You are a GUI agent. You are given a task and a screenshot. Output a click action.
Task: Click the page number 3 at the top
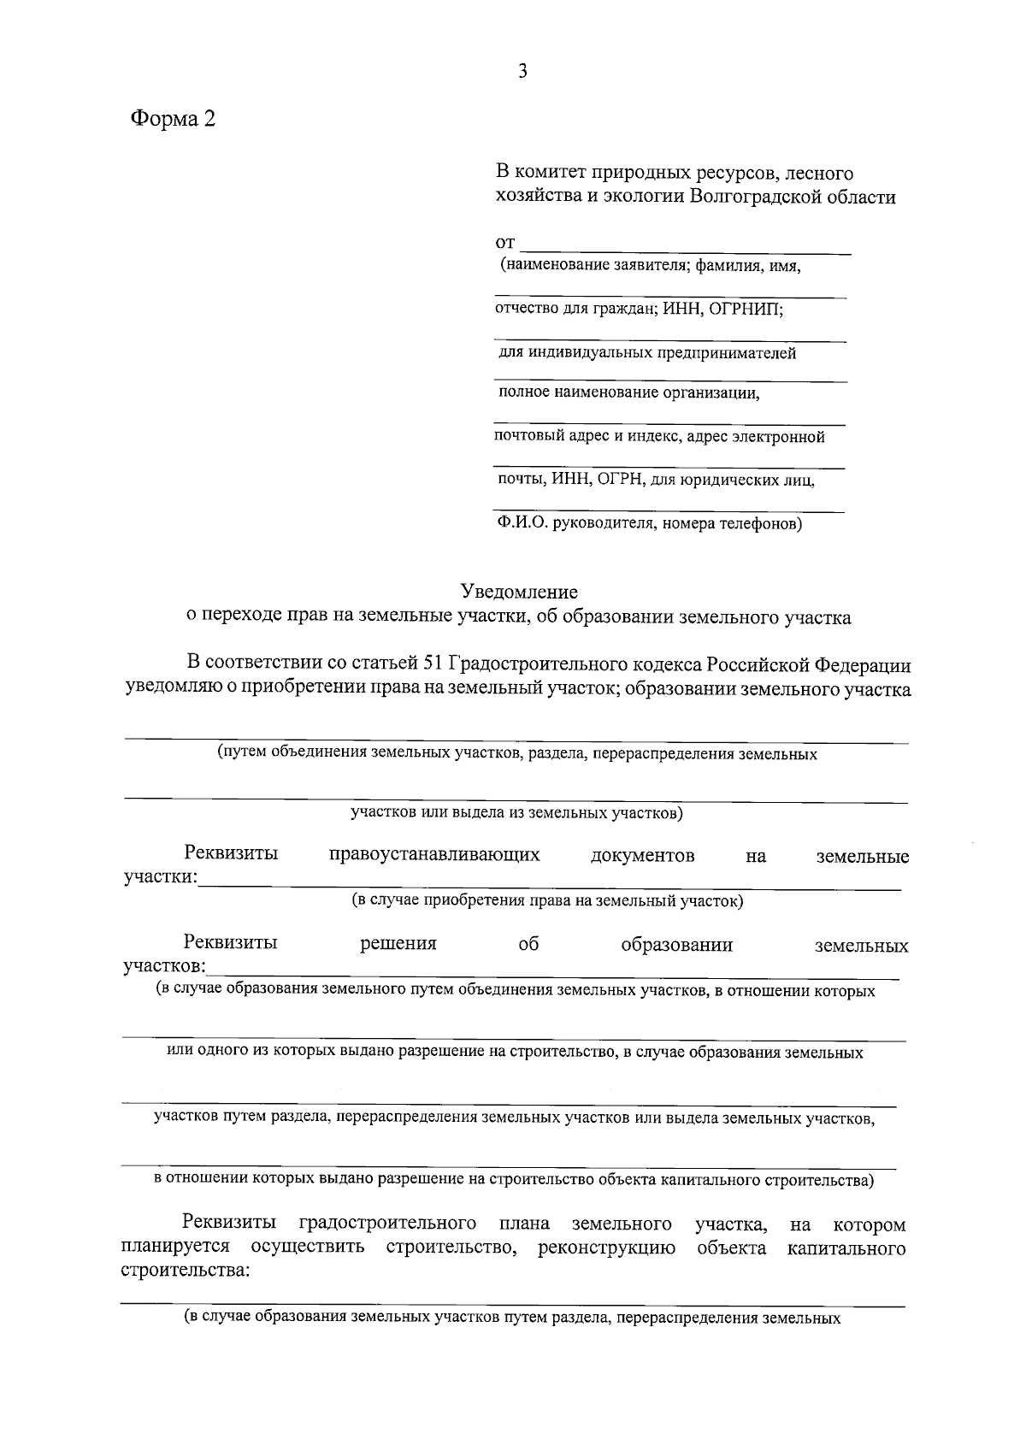522,72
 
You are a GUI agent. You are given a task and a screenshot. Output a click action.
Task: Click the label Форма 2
173,119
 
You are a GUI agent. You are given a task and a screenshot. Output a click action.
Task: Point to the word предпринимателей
726,352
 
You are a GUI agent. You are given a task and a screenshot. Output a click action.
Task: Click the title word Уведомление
519,592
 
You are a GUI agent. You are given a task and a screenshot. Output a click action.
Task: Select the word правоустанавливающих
434,855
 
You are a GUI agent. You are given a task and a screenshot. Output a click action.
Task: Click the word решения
398,944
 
